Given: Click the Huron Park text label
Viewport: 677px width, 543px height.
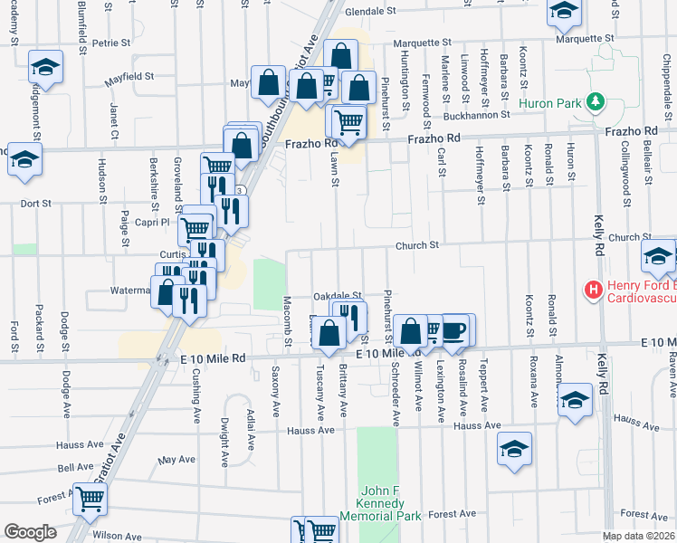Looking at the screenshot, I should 549,103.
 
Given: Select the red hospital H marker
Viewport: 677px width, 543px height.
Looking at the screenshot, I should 594,291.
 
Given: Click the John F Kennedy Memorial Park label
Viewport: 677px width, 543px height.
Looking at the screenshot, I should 380,502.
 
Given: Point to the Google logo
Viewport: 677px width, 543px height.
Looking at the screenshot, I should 30,532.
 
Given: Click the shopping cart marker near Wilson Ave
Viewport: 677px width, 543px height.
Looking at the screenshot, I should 90,498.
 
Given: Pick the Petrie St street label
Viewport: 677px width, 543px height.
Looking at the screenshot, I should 111,43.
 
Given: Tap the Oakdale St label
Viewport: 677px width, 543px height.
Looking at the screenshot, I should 338,296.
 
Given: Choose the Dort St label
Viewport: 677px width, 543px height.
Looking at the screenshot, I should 35,204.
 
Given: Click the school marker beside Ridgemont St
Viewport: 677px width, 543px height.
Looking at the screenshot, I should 44,68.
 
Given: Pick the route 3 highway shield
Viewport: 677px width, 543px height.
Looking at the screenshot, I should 239,191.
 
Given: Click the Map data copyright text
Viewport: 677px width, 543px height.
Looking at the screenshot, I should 637,536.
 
